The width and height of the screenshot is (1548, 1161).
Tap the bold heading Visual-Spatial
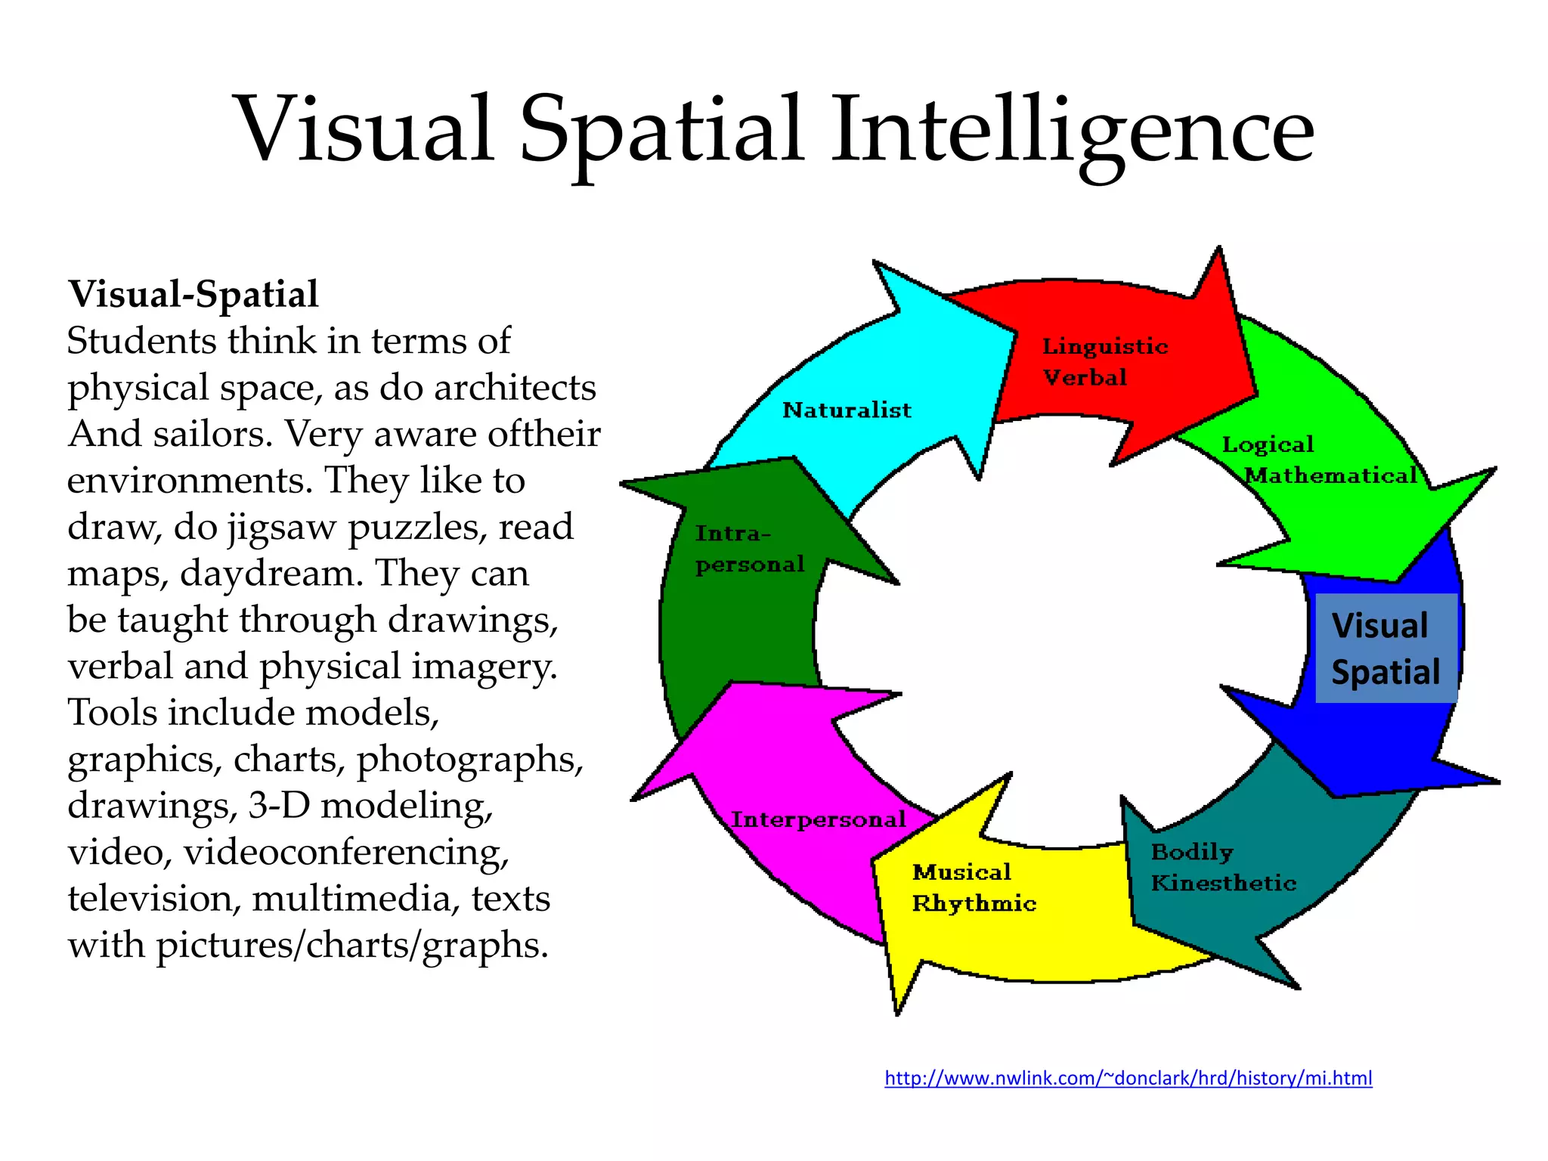pos(193,294)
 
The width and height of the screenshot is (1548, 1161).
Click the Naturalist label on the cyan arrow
pos(847,410)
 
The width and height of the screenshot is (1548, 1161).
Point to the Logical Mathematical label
pos(1319,460)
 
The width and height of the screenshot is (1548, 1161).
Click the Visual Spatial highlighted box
pos(1385,649)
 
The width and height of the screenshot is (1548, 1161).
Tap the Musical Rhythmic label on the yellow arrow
pos(973,887)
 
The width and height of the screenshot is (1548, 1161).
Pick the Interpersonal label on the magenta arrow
pos(818,819)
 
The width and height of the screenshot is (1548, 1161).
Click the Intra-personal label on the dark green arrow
pos(748,549)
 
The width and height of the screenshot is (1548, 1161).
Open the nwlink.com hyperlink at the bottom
pos(1128,1078)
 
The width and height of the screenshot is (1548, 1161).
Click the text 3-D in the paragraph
pos(279,806)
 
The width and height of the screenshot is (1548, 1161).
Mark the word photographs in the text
pos(469,760)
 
